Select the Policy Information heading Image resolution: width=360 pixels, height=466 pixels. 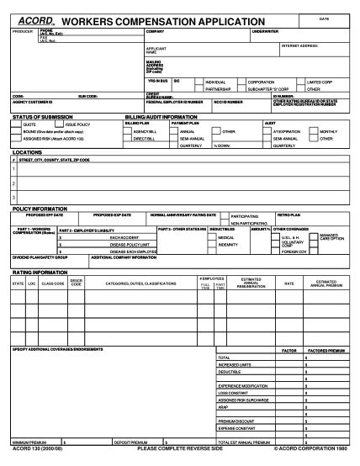click(x=40, y=208)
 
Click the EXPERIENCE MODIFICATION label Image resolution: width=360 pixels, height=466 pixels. click(x=243, y=384)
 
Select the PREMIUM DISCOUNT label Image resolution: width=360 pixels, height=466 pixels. click(x=235, y=419)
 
